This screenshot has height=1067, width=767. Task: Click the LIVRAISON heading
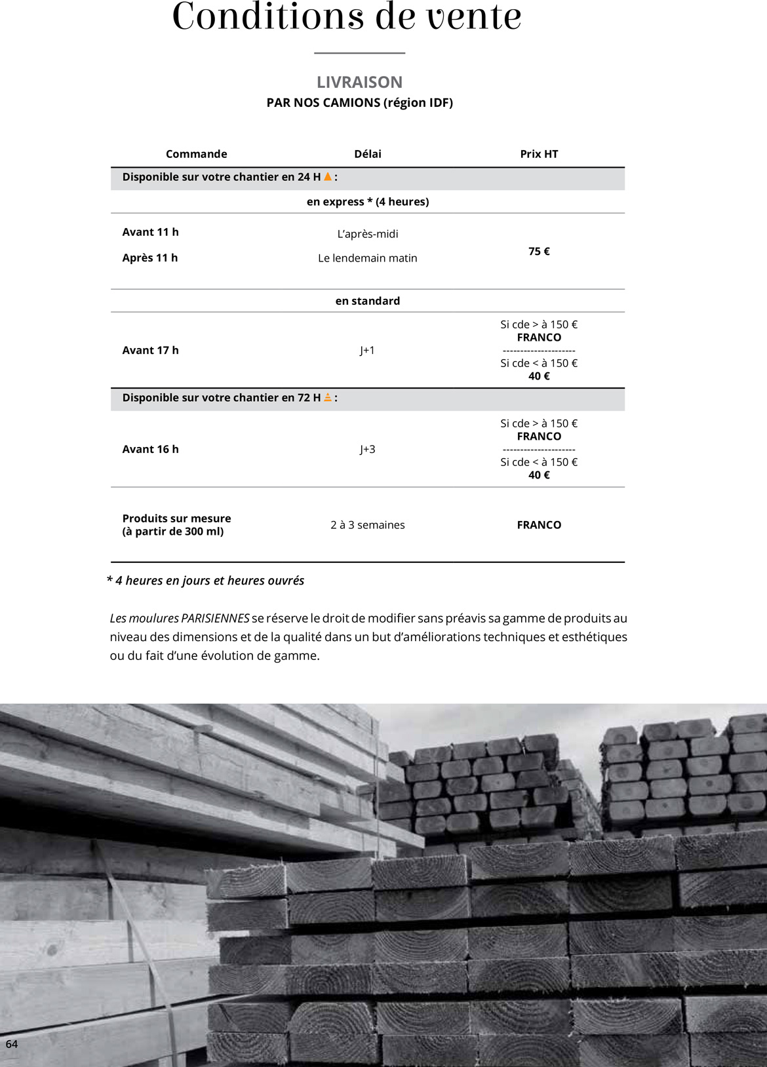pyautogui.click(x=359, y=83)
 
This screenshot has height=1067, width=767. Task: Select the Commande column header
pyautogui.click(x=196, y=154)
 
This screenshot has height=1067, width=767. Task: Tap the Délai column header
pyautogui.click(x=367, y=154)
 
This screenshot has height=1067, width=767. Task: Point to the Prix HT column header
pyautogui.click(x=539, y=154)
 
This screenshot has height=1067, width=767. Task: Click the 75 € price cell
pyautogui.click(x=539, y=252)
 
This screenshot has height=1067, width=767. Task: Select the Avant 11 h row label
pyautogui.click(x=150, y=232)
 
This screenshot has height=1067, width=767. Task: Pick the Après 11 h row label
pyautogui.click(x=149, y=258)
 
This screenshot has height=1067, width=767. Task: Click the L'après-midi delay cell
pyautogui.click(x=367, y=234)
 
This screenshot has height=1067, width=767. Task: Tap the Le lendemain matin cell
pyautogui.click(x=367, y=258)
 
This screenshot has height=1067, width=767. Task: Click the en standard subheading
pyautogui.click(x=367, y=301)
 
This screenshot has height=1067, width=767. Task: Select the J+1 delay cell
pyautogui.click(x=367, y=351)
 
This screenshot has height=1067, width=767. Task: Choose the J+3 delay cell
pyautogui.click(x=367, y=450)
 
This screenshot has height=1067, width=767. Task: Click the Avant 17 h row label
pyautogui.click(x=150, y=351)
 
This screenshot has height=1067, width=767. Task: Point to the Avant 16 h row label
pyautogui.click(x=150, y=450)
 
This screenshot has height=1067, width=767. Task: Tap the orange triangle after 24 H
pyautogui.click(x=328, y=176)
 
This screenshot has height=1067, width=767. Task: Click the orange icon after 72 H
pyautogui.click(x=328, y=397)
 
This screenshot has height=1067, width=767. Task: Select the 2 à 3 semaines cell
pyautogui.click(x=367, y=525)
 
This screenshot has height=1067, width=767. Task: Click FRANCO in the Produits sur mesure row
pyautogui.click(x=539, y=525)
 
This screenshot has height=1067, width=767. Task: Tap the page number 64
pyautogui.click(x=12, y=1044)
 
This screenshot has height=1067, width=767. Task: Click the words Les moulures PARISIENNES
pyautogui.click(x=180, y=618)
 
